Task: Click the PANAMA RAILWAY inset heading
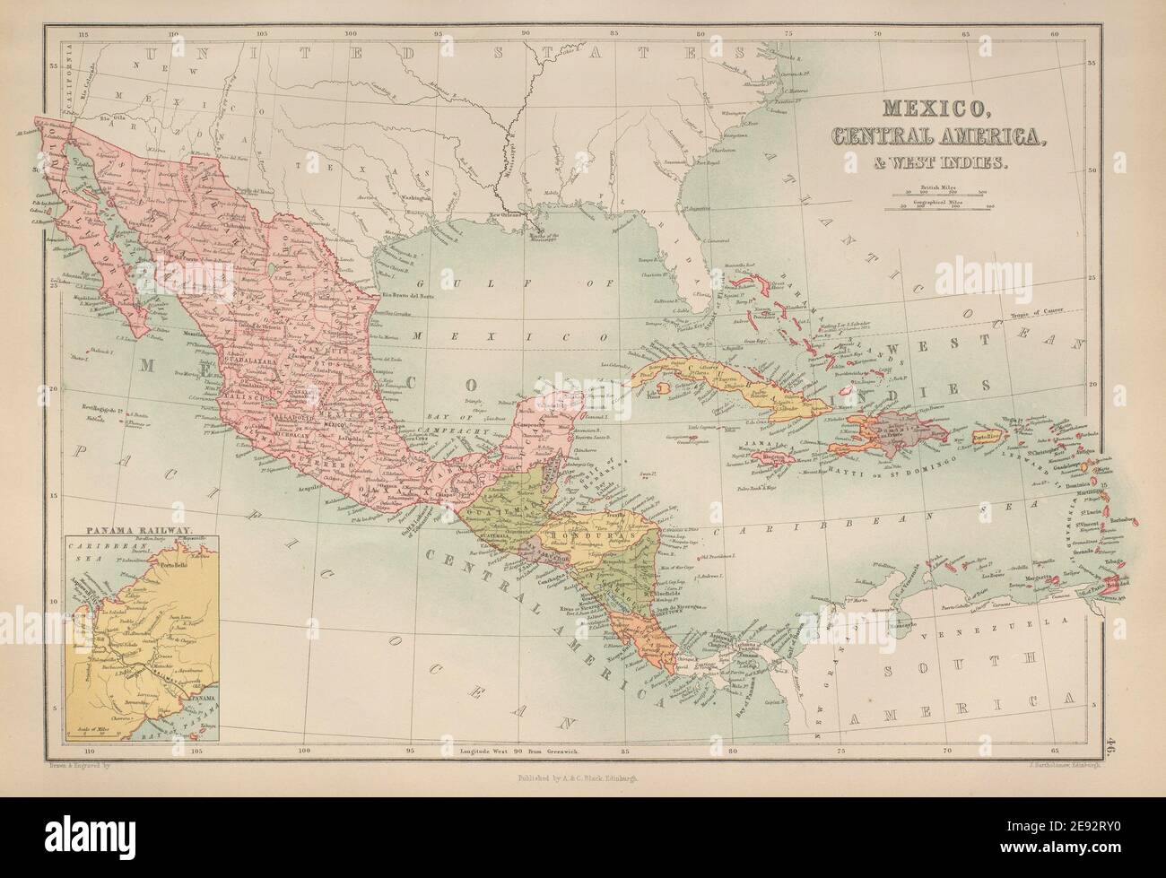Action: pyautogui.click(x=119, y=530)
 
